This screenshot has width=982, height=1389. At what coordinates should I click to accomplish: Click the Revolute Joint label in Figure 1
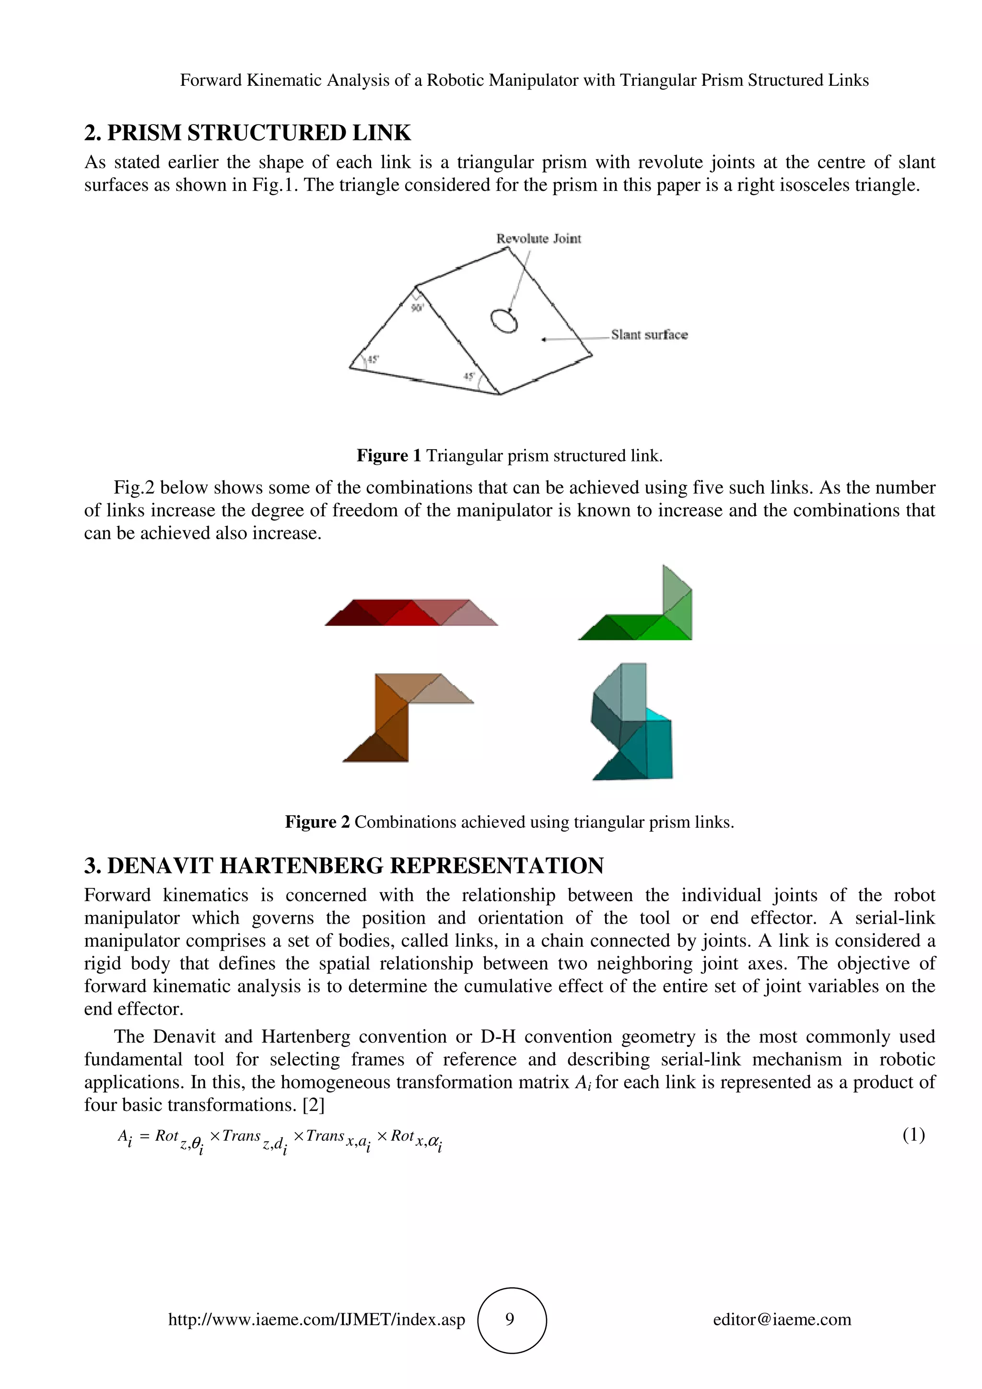tap(538, 239)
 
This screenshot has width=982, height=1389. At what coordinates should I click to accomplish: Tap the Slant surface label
tap(649, 335)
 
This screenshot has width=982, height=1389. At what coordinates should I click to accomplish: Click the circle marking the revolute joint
tap(503, 321)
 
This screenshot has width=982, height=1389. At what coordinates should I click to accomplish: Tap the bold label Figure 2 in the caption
tap(317, 822)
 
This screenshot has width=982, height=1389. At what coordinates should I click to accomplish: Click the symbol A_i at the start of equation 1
tap(125, 1137)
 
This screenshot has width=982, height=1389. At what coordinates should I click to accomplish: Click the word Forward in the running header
tap(210, 81)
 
